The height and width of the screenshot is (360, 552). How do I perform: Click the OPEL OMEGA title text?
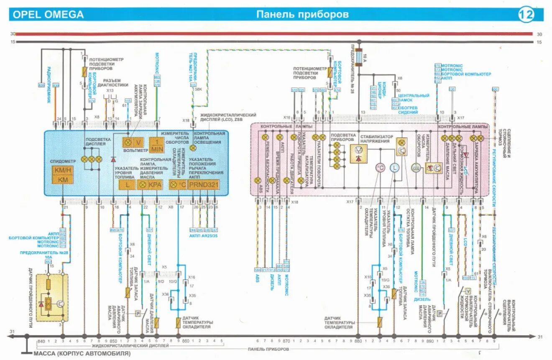pyautogui.click(x=48, y=15)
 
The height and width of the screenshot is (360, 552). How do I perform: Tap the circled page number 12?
pyautogui.click(x=526, y=15)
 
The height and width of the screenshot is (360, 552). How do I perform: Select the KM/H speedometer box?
pyautogui.click(x=62, y=170)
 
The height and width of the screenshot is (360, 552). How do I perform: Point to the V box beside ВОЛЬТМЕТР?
pyautogui.click(x=138, y=142)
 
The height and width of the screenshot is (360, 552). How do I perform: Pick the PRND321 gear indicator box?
pyautogui.click(x=204, y=184)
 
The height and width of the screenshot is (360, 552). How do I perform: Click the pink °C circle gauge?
pyautogui.click(x=380, y=168)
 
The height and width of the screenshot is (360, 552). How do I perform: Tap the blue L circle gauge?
pyautogui.click(x=394, y=168)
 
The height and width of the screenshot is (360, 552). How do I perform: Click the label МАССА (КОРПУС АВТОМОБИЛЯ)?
pyautogui.click(x=82, y=354)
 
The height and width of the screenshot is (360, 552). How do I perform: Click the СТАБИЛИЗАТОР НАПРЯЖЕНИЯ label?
pyautogui.click(x=376, y=139)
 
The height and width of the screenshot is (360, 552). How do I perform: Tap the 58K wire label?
pyautogui.click(x=198, y=89)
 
